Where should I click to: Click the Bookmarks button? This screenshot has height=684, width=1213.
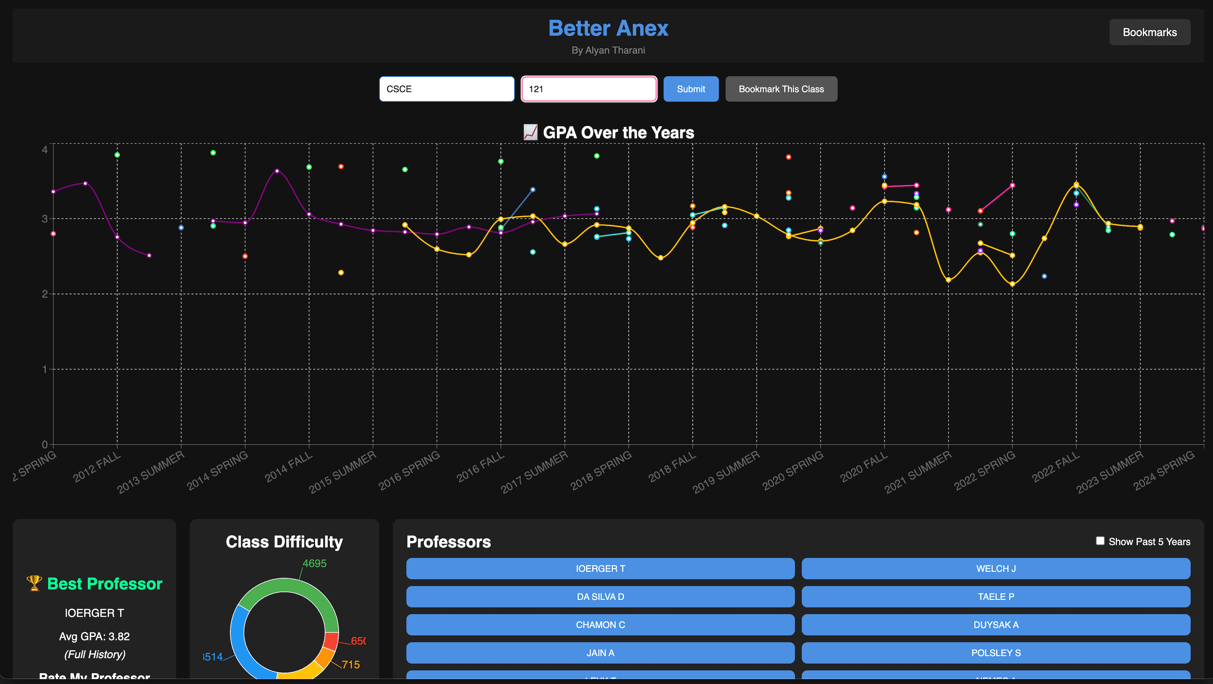(1150, 32)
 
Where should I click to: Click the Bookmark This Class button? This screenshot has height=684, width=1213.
(781, 89)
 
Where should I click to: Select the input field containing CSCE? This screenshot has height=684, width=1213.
(447, 89)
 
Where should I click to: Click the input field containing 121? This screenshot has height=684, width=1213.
(589, 89)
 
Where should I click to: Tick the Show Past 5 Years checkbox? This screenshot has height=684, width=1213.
(1100, 541)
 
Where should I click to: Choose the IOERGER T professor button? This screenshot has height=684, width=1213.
(600, 569)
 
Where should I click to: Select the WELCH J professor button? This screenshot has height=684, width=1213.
(996, 569)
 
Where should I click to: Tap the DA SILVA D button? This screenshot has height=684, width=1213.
(600, 597)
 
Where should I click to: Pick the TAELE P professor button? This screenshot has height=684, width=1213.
(996, 597)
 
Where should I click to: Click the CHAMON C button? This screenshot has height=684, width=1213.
(600, 625)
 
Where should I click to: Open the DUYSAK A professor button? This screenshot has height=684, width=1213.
(996, 625)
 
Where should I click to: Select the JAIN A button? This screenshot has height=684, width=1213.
(600, 653)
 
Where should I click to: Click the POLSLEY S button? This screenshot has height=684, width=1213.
(996, 653)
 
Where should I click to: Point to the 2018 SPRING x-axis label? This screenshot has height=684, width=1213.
(601, 470)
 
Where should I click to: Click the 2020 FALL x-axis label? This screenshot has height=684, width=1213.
(864, 467)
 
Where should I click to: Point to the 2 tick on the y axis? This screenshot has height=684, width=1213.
(45, 294)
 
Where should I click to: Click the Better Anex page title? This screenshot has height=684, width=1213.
(608, 28)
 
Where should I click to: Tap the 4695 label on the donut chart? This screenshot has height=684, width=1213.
(314, 564)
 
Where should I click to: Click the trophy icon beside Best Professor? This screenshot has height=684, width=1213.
(34, 583)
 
